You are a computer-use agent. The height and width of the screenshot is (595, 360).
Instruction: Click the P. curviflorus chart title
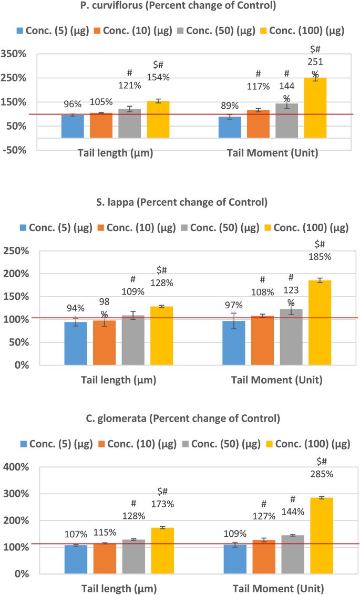180,6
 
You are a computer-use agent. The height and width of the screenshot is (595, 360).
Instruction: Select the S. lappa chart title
180,202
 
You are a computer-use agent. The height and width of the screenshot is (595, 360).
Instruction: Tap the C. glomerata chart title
180,419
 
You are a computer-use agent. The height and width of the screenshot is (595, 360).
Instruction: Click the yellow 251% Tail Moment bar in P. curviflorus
315,108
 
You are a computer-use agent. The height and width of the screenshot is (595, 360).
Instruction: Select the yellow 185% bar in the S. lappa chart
320,322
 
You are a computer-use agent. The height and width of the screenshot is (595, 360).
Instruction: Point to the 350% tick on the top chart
17,54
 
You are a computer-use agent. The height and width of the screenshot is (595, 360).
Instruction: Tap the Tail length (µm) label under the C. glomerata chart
119,588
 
